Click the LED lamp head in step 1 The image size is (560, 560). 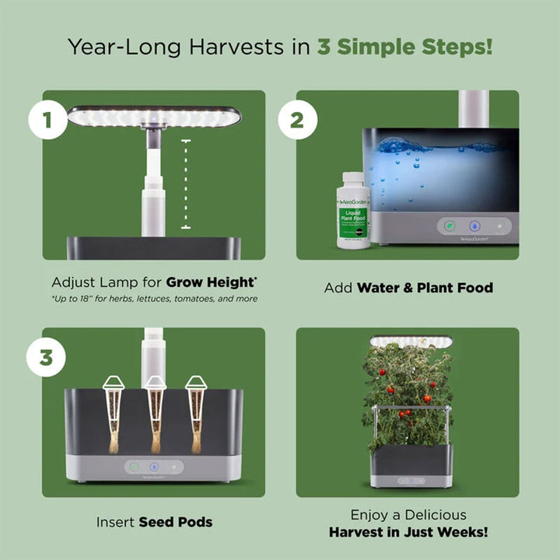[154, 117]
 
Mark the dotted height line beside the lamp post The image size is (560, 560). [186, 184]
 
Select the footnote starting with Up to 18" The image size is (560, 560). [155, 299]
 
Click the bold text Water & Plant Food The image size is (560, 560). [425, 288]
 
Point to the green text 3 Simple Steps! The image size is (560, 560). [404, 46]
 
